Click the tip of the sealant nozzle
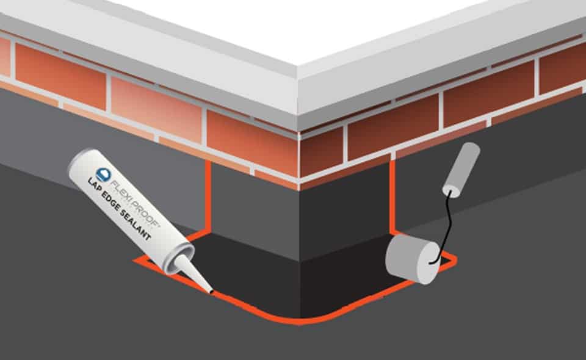[x=211, y=292]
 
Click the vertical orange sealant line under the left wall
[x=209, y=195]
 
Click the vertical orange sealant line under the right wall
[x=391, y=195]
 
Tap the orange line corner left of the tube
[x=137, y=262]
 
